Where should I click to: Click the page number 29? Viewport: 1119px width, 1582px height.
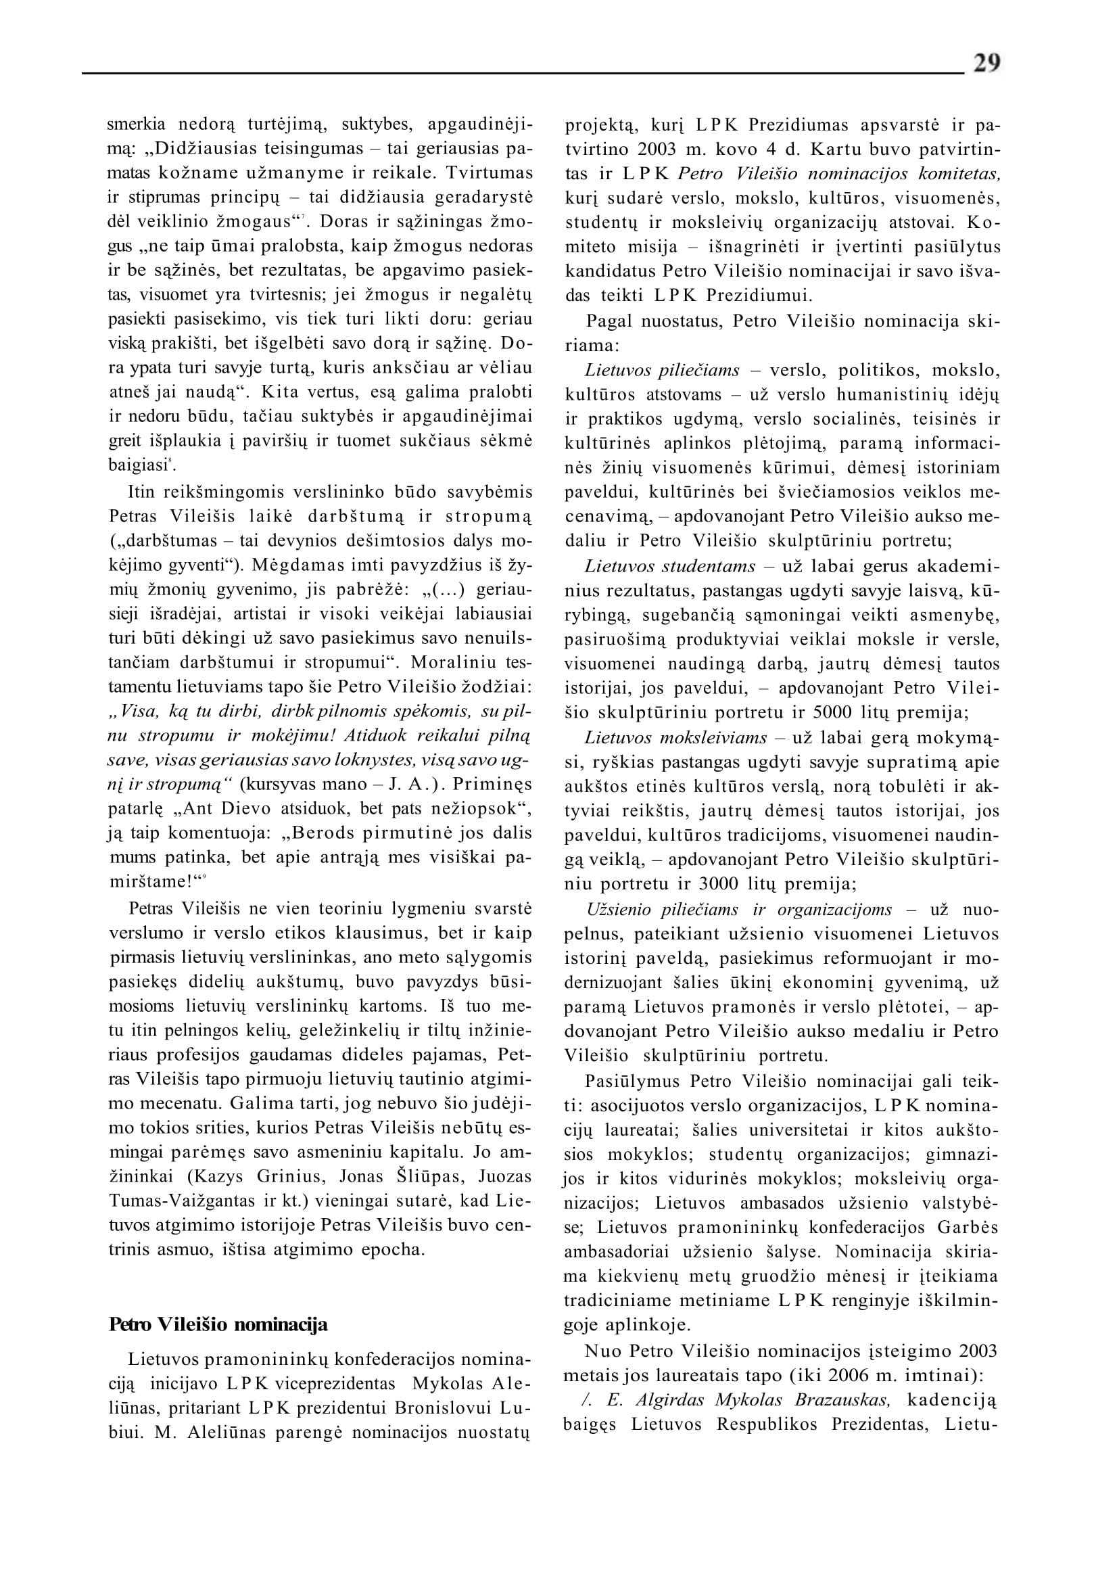(986, 64)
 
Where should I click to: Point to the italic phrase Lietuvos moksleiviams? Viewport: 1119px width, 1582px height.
(675, 738)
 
